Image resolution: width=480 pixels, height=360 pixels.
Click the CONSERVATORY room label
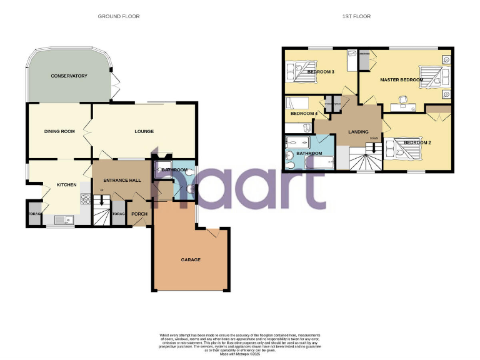click(69, 76)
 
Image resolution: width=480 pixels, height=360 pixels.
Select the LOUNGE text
click(144, 131)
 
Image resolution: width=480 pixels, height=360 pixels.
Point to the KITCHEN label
click(66, 185)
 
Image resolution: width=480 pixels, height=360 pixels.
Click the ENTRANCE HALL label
click(122, 181)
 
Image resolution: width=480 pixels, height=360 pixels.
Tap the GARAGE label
click(191, 259)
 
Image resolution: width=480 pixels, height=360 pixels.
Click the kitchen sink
click(63, 219)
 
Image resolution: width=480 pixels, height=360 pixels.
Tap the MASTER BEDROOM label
click(401, 80)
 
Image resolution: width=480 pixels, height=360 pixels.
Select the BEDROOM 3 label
click(321, 72)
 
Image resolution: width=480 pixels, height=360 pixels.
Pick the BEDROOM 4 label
click(304, 113)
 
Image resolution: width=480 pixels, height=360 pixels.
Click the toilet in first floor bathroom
click(291, 156)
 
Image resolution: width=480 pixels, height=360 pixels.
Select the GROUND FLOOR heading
click(119, 16)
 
